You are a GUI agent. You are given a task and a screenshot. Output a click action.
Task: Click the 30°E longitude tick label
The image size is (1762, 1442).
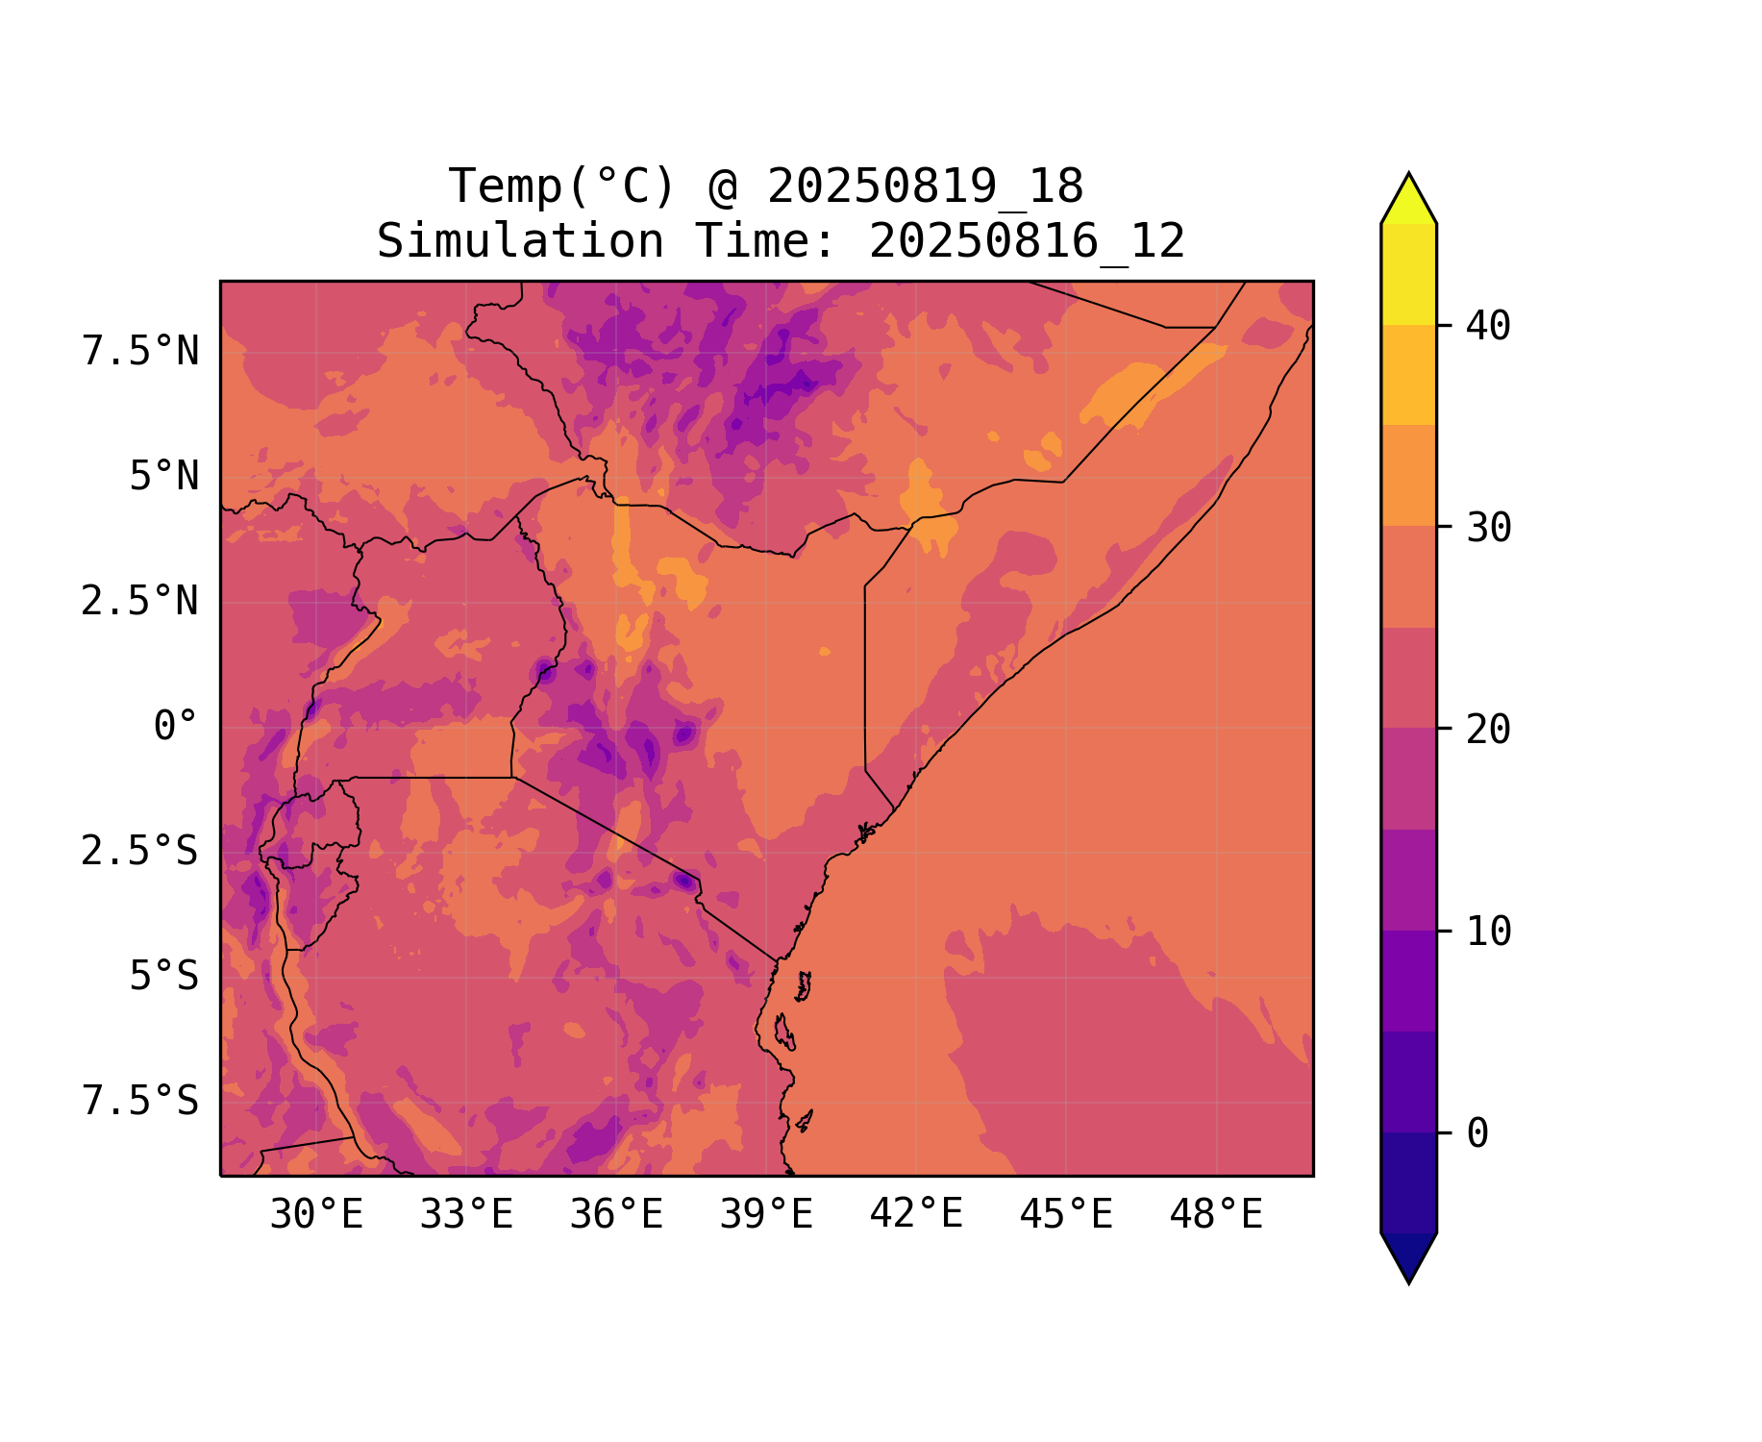316,1215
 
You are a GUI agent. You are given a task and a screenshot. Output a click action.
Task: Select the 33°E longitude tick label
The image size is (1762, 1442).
466,1215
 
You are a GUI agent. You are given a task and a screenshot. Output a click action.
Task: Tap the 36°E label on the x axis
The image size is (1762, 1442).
616,1215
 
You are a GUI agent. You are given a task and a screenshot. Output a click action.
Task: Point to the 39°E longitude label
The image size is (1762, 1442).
766,1215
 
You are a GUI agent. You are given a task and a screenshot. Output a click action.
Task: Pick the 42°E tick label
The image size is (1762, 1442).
916,1215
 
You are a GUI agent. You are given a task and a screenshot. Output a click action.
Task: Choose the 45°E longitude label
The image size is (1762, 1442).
1066,1215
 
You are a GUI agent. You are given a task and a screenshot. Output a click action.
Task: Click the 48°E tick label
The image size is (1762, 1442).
1216,1215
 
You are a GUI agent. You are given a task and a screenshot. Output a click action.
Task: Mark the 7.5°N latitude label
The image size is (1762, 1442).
140,352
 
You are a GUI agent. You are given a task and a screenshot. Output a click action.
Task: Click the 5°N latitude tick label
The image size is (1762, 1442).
164,477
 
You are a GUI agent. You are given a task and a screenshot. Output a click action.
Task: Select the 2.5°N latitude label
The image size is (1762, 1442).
140,602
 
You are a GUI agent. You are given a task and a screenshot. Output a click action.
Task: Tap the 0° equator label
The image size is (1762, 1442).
176,727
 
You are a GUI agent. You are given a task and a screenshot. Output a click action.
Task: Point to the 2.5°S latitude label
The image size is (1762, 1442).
140,852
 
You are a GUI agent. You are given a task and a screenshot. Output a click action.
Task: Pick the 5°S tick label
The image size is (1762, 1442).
164,977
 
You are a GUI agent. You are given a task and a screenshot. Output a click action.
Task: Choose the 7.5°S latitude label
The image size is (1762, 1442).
140,1102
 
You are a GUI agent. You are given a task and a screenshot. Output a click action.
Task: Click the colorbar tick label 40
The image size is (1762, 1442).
1488,327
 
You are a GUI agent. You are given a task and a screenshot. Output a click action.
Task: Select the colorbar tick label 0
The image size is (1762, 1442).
1477,1134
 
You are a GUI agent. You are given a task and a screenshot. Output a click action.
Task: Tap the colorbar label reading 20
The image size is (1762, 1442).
1488,731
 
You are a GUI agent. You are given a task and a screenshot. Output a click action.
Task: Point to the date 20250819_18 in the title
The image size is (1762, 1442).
925,186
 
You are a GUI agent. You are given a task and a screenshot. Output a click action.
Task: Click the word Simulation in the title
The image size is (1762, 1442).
520,241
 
